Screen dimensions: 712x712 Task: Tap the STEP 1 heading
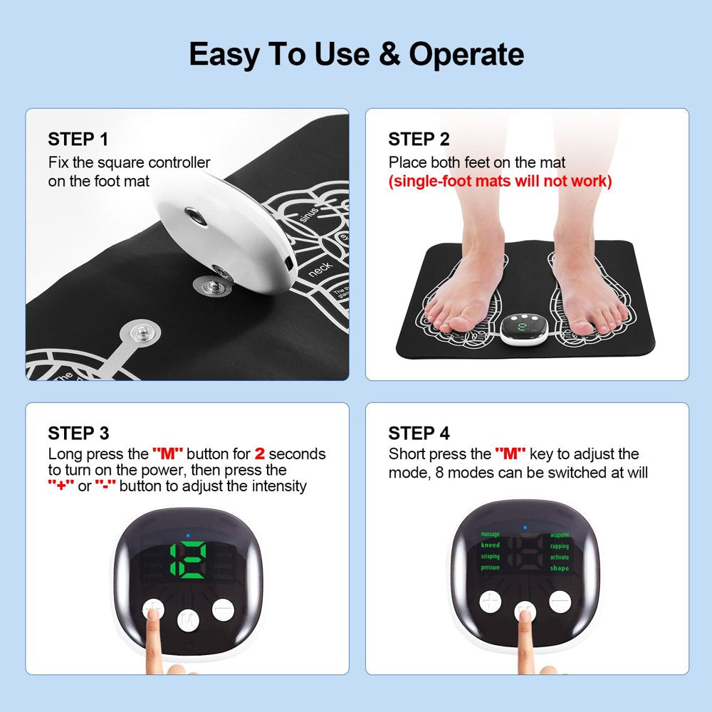pyautogui.click(x=79, y=139)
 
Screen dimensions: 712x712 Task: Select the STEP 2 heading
pyautogui.click(x=419, y=139)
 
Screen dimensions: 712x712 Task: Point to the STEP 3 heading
pyautogui.click(x=79, y=433)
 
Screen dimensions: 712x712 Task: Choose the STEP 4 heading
pyautogui.click(x=419, y=433)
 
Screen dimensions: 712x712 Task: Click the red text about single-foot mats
pyautogui.click(x=500, y=181)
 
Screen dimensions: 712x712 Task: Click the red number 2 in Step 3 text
pyautogui.click(x=260, y=454)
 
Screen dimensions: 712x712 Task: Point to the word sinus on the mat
pyautogui.click(x=308, y=214)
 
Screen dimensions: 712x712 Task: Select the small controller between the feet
pyautogui.click(x=528, y=329)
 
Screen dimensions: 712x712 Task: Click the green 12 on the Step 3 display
pyautogui.click(x=187, y=559)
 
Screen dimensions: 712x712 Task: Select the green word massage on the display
pyautogui.click(x=490, y=534)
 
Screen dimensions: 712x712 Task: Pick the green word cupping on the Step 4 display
pyautogui.click(x=560, y=546)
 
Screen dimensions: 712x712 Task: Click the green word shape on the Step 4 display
pyautogui.click(x=560, y=568)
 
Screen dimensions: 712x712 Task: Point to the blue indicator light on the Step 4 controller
pyautogui.click(x=525, y=528)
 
